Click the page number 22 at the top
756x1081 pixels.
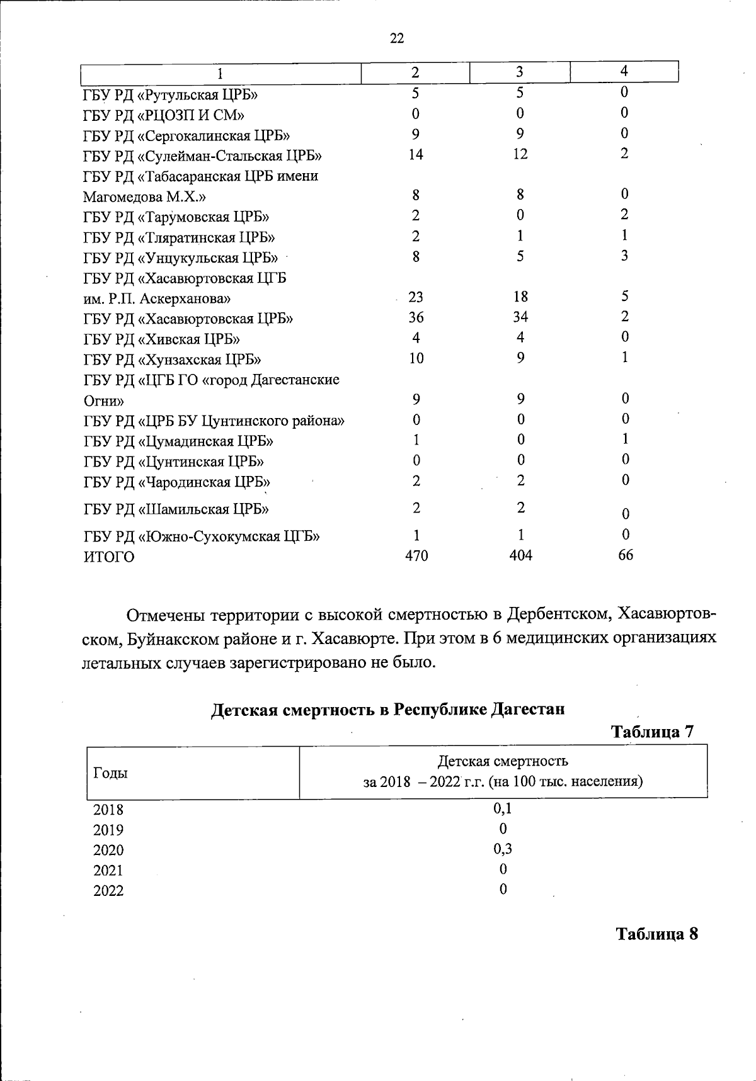[x=397, y=38]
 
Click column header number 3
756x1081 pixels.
[x=519, y=72]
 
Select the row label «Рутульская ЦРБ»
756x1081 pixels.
[x=171, y=94]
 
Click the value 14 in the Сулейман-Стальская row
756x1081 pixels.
[x=415, y=155]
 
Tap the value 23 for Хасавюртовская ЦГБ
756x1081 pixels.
[x=415, y=297]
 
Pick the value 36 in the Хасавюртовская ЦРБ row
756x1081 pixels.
[x=415, y=317]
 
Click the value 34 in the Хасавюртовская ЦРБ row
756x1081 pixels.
[x=520, y=317]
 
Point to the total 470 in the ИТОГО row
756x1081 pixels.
[x=416, y=556]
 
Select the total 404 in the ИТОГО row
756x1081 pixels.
[x=520, y=556]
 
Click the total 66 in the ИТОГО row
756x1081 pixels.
[x=624, y=555]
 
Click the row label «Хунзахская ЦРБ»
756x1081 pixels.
[x=173, y=359]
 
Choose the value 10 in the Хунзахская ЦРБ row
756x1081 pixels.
[x=416, y=359]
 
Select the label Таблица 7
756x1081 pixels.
[x=652, y=732]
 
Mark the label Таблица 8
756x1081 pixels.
[x=656, y=933]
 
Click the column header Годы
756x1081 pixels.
[x=110, y=773]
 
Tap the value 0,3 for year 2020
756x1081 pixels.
[x=502, y=849]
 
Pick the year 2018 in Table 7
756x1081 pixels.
[x=108, y=810]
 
